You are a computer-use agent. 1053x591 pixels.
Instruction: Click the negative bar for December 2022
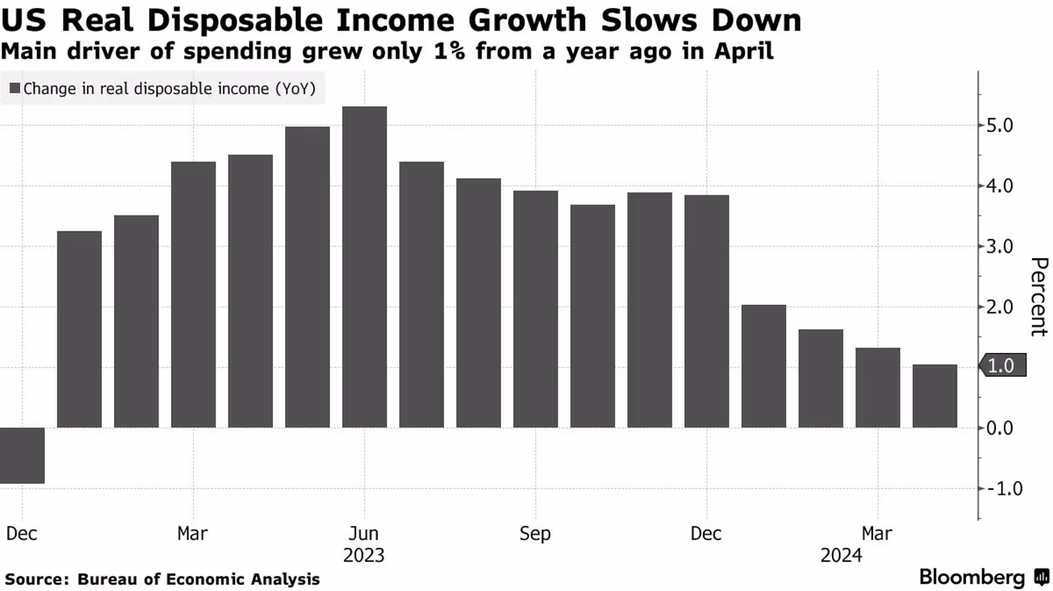point(22,455)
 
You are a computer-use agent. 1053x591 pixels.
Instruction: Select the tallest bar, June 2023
point(364,267)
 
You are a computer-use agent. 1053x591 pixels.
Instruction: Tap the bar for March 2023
point(193,294)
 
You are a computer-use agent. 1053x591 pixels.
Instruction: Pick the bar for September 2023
point(536,309)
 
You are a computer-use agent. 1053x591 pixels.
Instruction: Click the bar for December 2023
point(707,311)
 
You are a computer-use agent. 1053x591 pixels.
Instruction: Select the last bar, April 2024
point(935,396)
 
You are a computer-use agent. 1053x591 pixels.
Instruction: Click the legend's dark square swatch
point(15,89)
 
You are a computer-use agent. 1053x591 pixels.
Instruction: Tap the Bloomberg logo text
point(971,577)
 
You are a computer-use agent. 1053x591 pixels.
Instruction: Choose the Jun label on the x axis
point(364,534)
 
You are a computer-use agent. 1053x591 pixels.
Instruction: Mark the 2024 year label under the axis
point(841,556)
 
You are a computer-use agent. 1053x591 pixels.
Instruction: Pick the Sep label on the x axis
point(535,534)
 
